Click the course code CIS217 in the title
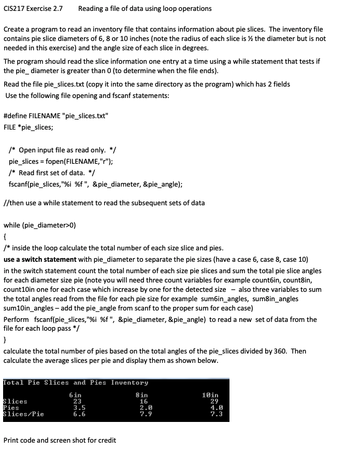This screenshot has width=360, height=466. [13, 8]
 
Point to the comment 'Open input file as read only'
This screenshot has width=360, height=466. [66, 150]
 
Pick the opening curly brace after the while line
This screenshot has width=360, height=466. [5, 236]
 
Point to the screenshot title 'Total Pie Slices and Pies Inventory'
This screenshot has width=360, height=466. [76, 383]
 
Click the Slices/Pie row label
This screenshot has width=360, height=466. [24, 414]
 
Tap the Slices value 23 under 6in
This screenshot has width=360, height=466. [77, 401]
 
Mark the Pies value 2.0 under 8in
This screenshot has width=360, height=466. [143, 407]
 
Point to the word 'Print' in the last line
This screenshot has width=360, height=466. [11, 440]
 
